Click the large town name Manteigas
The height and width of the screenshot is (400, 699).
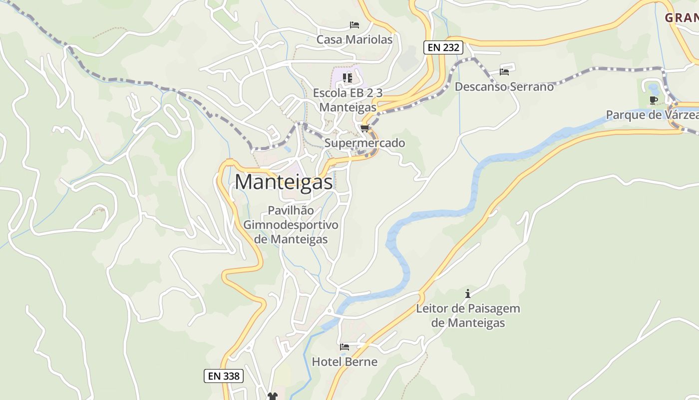[284, 182]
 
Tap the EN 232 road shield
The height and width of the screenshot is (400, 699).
[443, 48]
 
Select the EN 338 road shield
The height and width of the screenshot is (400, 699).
[224, 376]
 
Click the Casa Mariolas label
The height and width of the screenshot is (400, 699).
[354, 39]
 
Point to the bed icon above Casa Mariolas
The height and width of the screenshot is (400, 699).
[354, 24]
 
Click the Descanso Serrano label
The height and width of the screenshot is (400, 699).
[504, 86]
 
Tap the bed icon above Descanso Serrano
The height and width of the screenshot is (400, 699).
[504, 71]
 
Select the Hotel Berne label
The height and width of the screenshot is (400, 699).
[345, 361]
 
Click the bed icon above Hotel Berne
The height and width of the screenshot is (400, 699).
[345, 346]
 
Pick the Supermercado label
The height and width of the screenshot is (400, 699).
[364, 143]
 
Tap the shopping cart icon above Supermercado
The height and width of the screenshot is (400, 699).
[364, 128]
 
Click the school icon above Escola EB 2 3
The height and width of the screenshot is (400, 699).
[348, 77]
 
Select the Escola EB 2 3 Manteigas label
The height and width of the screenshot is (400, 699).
[348, 100]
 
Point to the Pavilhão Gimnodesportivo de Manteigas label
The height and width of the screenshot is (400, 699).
[291, 225]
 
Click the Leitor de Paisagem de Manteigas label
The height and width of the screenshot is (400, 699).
[468, 315]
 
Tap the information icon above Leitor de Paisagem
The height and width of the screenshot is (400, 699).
[468, 293]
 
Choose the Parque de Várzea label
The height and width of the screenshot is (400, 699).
[652, 115]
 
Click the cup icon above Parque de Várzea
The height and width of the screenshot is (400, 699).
[653, 100]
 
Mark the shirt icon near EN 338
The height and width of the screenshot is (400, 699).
[272, 396]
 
